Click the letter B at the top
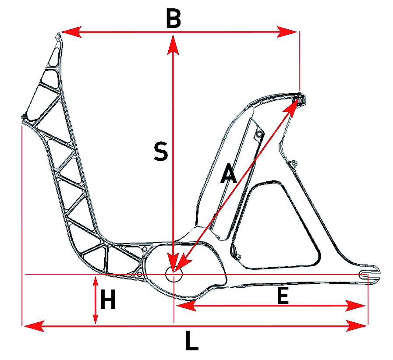click(x=173, y=19)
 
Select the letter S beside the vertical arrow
click(x=161, y=152)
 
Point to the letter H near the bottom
click(x=108, y=299)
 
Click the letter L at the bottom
click(x=192, y=340)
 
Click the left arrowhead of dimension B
click(x=72, y=32)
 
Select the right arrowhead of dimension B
click(x=287, y=32)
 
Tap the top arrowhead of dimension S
click(x=173, y=45)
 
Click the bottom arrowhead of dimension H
click(x=95, y=318)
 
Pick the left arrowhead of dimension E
click(x=186, y=306)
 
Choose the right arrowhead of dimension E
click(x=355, y=306)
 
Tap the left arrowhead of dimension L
click(x=34, y=326)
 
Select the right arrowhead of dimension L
click(x=356, y=326)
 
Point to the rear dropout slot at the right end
click(x=366, y=275)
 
